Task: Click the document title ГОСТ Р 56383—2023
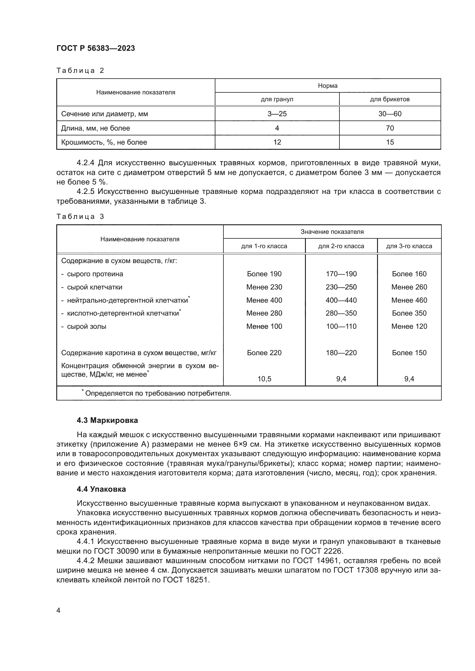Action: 96,48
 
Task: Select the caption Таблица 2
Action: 80,71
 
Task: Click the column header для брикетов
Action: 390,99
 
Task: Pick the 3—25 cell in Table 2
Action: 277,114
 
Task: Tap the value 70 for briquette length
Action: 390,128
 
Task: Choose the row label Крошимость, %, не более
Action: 104,142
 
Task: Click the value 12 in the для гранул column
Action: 277,142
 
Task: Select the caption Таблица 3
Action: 80,217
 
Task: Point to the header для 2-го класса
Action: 341,246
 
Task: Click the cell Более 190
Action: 264,274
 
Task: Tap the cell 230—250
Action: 341,287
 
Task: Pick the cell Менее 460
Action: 409,300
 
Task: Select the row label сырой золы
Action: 86,326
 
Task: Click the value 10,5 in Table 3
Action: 264,379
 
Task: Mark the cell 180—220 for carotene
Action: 341,353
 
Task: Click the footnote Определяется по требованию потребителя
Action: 158,393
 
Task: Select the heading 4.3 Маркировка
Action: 107,420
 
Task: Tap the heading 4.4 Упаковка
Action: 101,489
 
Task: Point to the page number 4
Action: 58,610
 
